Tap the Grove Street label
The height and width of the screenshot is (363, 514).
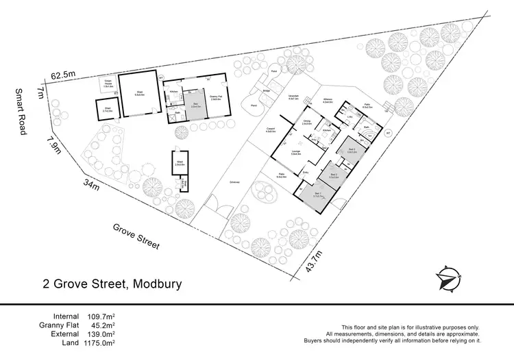[x=137, y=235]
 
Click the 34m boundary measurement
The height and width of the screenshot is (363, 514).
[x=89, y=184]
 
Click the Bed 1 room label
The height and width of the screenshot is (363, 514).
[x=317, y=195]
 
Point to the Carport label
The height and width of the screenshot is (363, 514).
[x=271, y=130]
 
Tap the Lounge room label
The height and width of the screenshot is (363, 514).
[x=297, y=153]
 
